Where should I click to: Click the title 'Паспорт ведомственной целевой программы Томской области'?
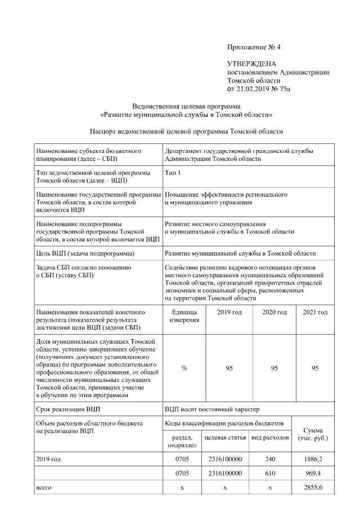[x=186, y=132]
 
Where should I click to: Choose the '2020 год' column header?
[x=274, y=312]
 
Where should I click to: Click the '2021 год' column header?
[x=315, y=312]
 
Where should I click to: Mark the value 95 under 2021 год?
[x=315, y=368]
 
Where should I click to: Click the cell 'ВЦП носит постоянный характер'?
[x=212, y=409]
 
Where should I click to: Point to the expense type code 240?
[x=270, y=459]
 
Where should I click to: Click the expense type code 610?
[x=270, y=474]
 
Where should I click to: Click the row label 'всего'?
[x=43, y=488]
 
